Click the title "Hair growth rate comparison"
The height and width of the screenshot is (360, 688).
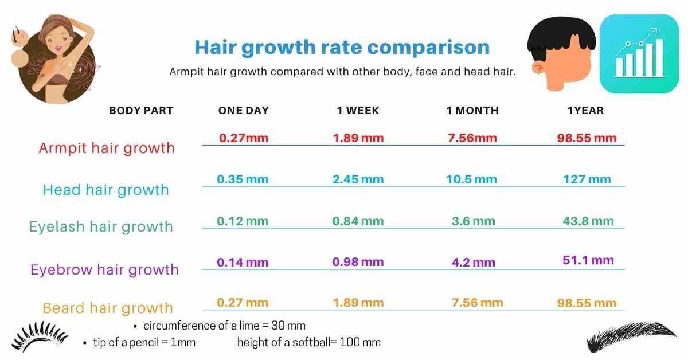pyautogui.click(x=342, y=47)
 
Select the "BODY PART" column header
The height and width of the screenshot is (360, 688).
pyautogui.click(x=141, y=111)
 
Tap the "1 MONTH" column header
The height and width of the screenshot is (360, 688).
pyautogui.click(x=472, y=111)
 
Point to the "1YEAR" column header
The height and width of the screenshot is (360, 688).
pyautogui.click(x=585, y=111)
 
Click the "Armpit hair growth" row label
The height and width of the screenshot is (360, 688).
pyautogui.click(x=107, y=148)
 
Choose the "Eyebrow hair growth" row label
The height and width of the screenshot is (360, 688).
pyautogui.click(x=104, y=269)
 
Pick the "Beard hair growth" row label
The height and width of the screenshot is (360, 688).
pyautogui.click(x=108, y=308)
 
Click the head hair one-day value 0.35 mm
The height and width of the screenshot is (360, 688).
pyautogui.click(x=243, y=179)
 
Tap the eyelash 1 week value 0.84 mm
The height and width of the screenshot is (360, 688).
pyautogui.click(x=358, y=221)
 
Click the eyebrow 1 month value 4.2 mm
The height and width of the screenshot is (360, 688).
pyautogui.click(x=473, y=263)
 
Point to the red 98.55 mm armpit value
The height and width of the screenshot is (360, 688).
pyautogui.click(x=587, y=138)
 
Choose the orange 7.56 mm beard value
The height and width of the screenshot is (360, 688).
pyautogui.click(x=477, y=303)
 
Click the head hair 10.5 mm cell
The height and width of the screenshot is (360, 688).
pyautogui.click(x=471, y=179)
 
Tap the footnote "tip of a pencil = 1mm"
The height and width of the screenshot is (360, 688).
pyautogui.click(x=144, y=343)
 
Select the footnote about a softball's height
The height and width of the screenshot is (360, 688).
pyautogui.click(x=309, y=343)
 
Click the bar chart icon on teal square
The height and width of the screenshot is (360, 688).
pyautogui.click(x=639, y=54)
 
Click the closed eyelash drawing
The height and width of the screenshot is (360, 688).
pyautogui.click(x=40, y=337)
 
